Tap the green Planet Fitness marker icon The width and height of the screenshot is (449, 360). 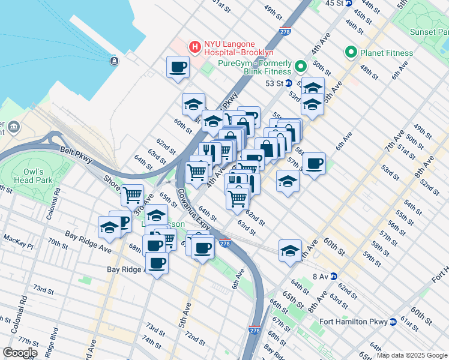pyautogui.click(x=351, y=53)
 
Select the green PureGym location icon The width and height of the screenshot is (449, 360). pyautogui.click(x=300, y=67)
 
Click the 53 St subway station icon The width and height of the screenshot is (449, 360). pyautogui.click(x=288, y=83)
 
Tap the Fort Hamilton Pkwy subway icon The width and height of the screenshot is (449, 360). pyautogui.click(x=393, y=322)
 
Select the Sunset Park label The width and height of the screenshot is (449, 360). pyautogui.click(x=427, y=31)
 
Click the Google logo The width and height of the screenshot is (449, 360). pyautogui.click(x=20, y=352)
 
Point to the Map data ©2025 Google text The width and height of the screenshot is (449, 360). pyautogui.click(x=412, y=355)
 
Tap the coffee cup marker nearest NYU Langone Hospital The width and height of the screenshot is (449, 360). pyautogui.click(x=178, y=67)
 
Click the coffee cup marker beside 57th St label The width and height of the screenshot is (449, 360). pyautogui.click(x=314, y=163)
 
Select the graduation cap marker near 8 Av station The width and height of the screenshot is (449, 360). pyautogui.click(x=290, y=250)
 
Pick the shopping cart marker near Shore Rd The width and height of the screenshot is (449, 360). pyautogui.click(x=132, y=194)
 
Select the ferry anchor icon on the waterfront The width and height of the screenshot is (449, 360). pyautogui.click(x=114, y=61)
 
